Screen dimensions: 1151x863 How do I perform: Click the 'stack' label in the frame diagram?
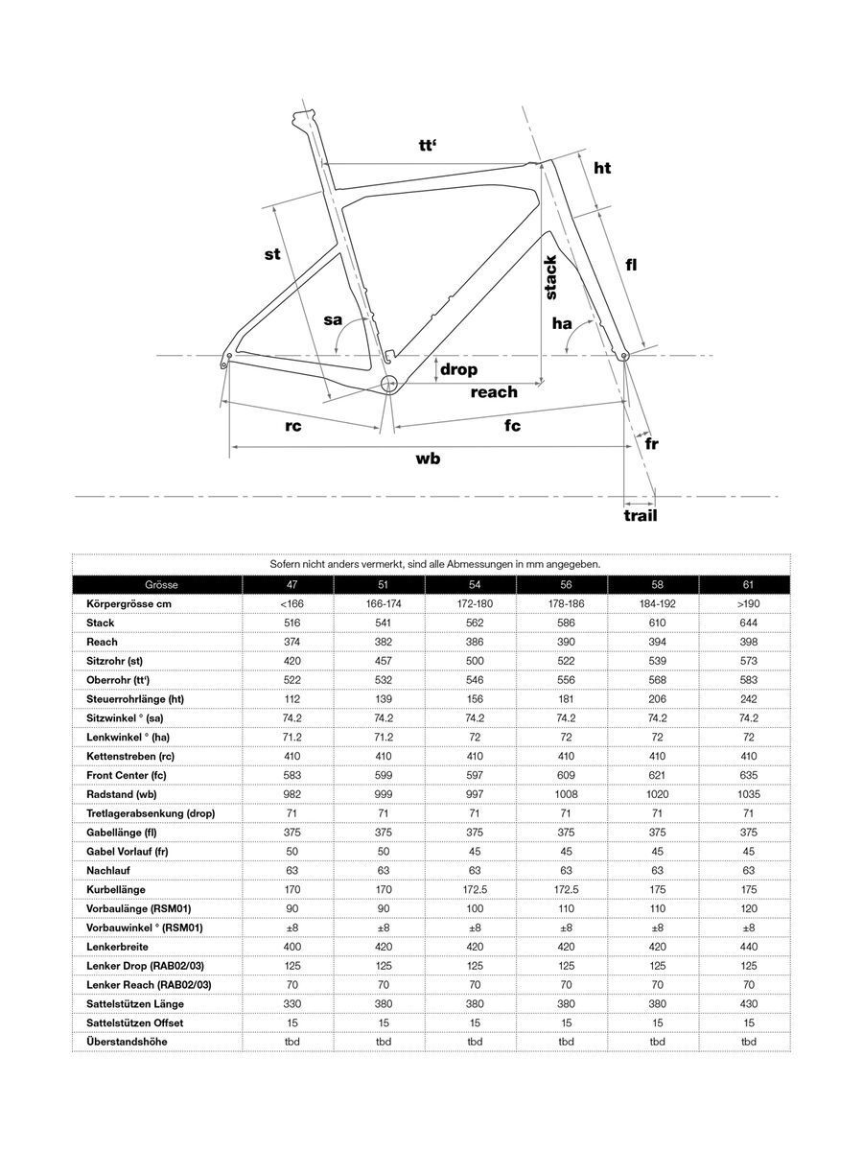(x=550, y=278)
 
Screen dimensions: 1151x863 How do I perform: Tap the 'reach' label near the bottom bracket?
(x=494, y=391)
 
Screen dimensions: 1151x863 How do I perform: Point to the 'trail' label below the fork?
(x=640, y=515)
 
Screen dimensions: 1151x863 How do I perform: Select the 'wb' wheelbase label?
(x=428, y=458)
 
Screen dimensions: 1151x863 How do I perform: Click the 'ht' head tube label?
(x=602, y=169)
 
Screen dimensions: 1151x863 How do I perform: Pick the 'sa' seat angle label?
(x=332, y=319)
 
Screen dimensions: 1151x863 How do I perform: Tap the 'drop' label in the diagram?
(x=458, y=369)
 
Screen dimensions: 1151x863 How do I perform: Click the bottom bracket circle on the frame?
(x=388, y=384)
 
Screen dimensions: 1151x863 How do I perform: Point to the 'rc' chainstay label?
(x=293, y=426)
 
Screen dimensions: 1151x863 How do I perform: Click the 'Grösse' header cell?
(x=161, y=584)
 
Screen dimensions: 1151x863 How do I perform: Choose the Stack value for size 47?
(x=292, y=623)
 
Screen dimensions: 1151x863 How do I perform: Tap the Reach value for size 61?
(x=749, y=642)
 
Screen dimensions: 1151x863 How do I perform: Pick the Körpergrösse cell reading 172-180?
(x=475, y=604)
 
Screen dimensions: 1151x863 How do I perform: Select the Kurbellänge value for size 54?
(x=475, y=889)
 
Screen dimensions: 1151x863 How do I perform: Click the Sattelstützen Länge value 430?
(x=749, y=1003)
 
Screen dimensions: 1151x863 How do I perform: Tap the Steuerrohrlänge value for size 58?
(x=658, y=699)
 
